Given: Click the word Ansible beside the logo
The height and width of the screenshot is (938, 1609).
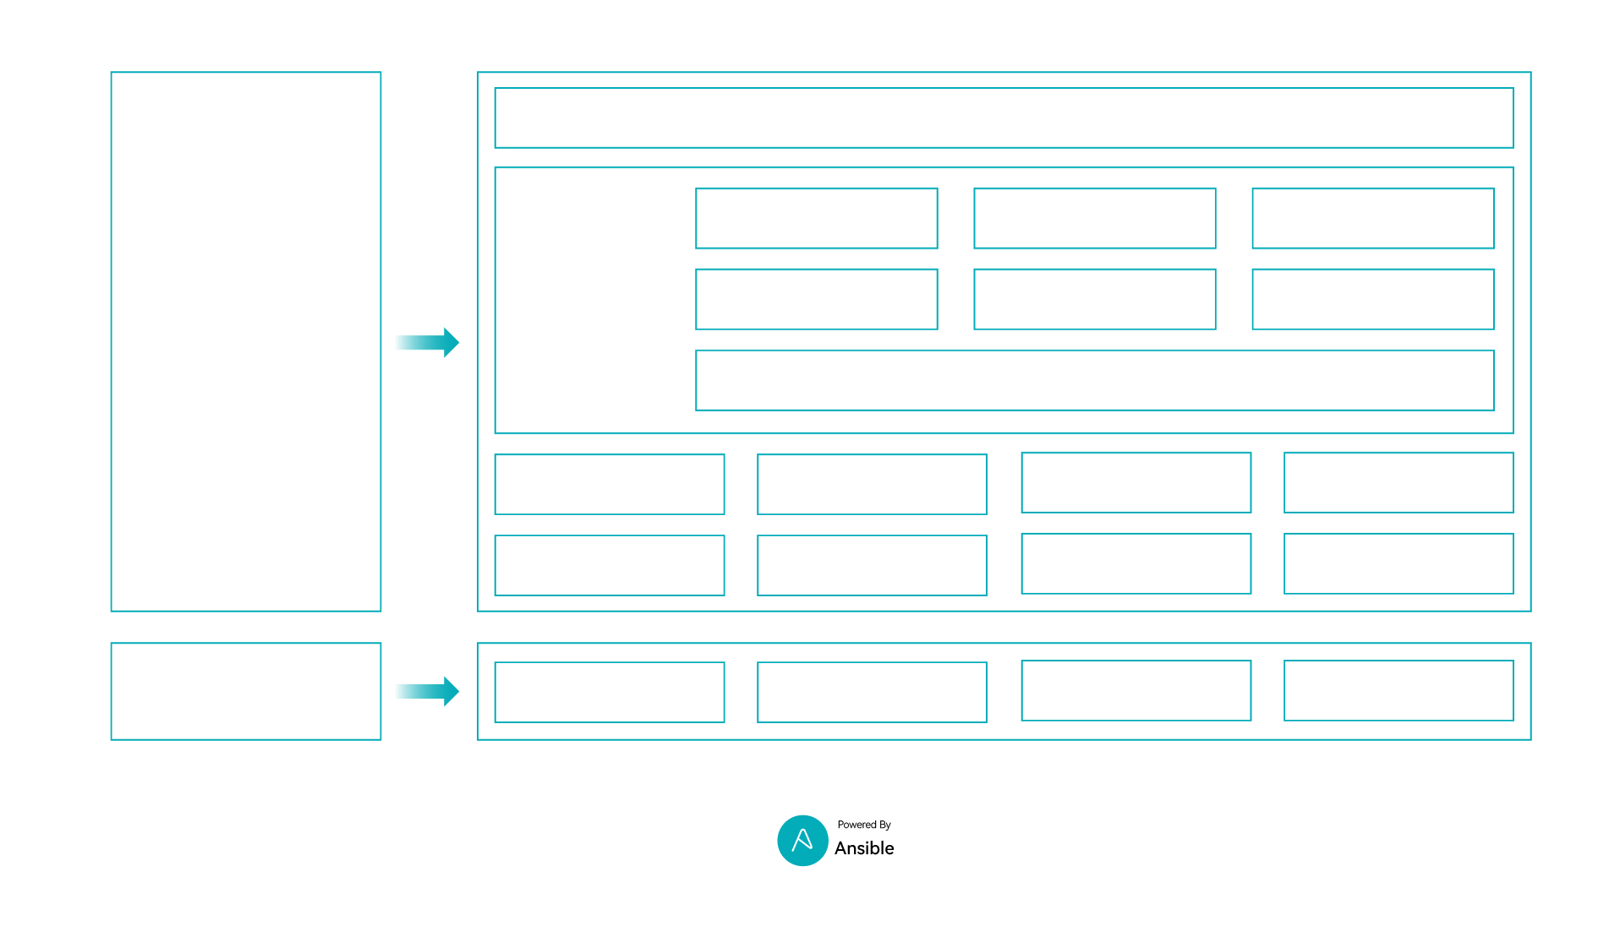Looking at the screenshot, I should tap(864, 848).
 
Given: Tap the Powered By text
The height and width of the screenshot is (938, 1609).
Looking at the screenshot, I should tap(864, 825).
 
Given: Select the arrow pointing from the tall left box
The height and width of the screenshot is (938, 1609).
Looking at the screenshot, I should tap(427, 343).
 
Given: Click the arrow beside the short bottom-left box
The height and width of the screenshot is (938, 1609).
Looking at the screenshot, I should tap(427, 691).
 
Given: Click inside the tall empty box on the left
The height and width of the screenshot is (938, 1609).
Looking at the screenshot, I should tap(246, 341).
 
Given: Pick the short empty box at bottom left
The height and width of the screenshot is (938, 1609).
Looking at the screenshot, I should tap(246, 691).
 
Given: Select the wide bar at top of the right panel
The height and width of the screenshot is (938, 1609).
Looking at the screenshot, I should tap(1004, 118).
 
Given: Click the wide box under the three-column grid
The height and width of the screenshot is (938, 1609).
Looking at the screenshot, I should tap(1094, 381).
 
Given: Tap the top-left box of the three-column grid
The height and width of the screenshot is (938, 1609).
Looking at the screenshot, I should tap(816, 218).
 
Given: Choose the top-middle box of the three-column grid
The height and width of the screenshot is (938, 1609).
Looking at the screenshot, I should tap(1094, 218).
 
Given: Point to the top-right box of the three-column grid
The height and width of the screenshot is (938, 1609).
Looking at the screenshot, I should tap(1372, 218).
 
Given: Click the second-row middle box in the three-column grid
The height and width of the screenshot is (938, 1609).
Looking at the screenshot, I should tap(1094, 299).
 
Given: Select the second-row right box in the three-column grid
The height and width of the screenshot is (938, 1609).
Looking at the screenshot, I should tap(1372, 299).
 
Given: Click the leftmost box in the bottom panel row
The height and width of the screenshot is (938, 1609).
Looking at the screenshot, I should tap(609, 692).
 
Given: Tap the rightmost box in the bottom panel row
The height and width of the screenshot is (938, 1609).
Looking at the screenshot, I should tap(1398, 690).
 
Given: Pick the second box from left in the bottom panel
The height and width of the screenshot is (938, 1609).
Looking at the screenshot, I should tap(872, 692).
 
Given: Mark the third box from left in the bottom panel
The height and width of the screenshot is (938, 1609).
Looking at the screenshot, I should tap(1136, 690).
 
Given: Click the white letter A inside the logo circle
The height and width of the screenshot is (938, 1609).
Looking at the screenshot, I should tap(802, 840).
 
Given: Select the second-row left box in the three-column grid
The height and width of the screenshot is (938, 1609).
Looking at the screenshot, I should tap(816, 299).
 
